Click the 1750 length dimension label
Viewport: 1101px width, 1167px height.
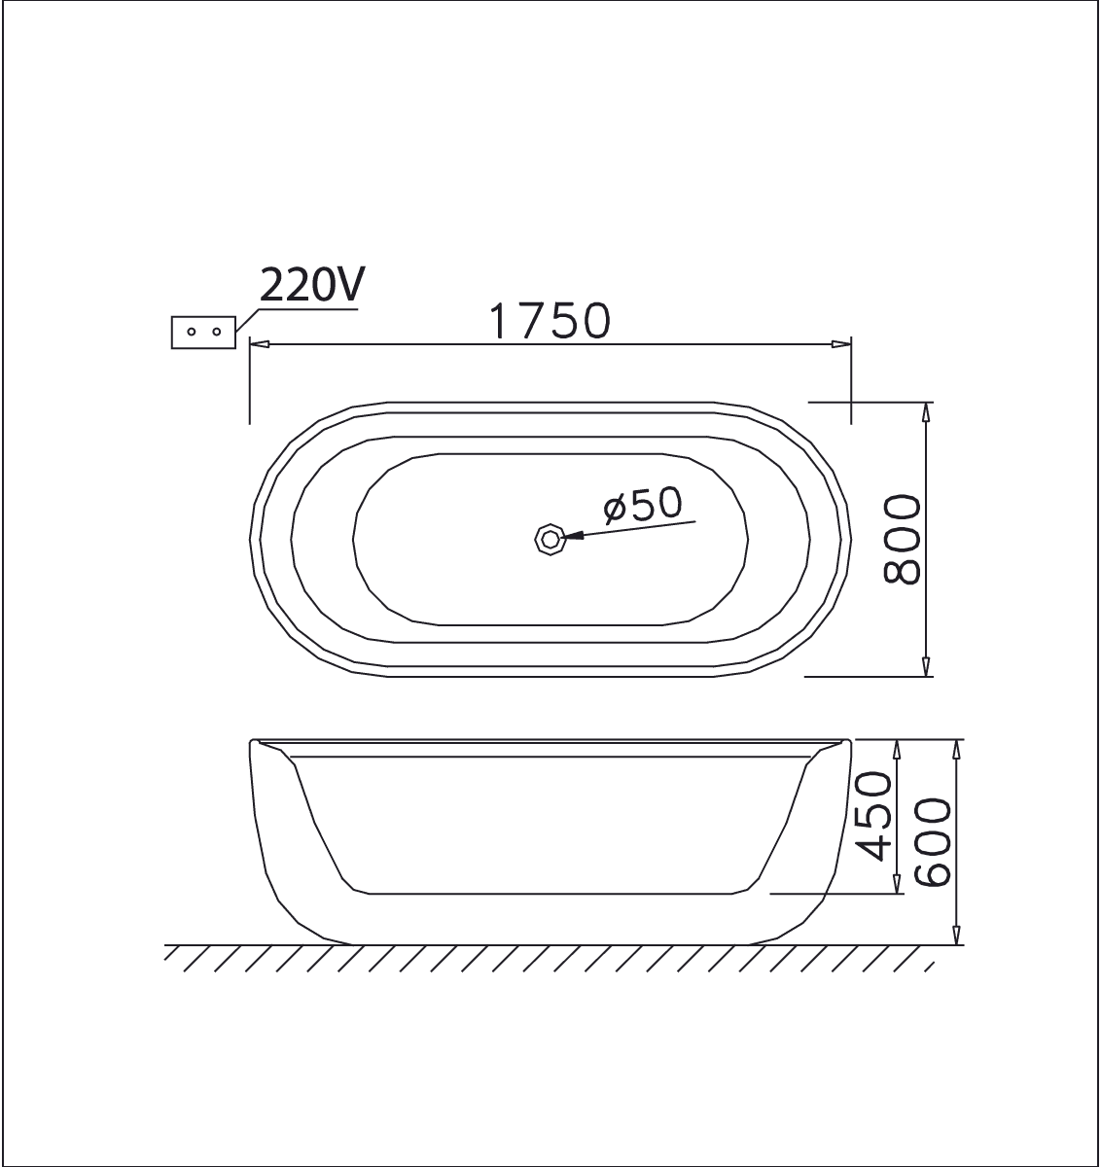[550, 321]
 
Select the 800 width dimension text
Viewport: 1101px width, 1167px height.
[903, 540]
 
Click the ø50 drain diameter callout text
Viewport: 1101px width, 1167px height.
[643, 506]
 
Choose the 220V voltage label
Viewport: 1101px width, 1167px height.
[311, 285]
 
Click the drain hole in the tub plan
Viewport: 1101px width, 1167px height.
[550, 538]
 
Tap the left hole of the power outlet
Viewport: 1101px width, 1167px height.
[192, 332]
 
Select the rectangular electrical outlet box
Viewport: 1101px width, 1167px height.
[203, 332]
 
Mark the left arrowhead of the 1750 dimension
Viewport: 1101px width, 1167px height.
[258, 343]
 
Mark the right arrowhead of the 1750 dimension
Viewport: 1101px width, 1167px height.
[842, 343]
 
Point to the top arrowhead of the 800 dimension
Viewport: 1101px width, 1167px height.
[926, 410]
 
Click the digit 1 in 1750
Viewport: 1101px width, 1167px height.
[497, 321]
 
